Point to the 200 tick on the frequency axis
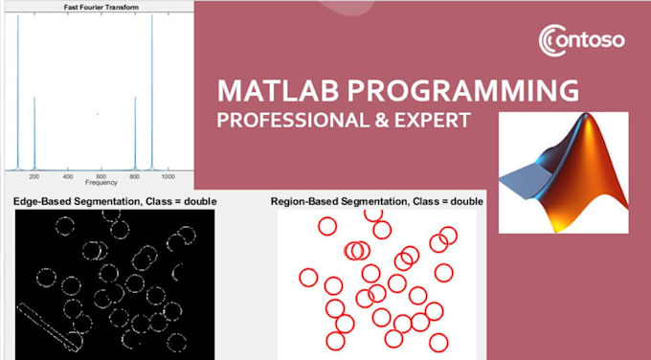34,177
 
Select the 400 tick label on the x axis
68,177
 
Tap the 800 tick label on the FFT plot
135,177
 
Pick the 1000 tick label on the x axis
168,177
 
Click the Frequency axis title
101,184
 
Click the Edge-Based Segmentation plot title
115,202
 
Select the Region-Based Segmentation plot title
377,202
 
